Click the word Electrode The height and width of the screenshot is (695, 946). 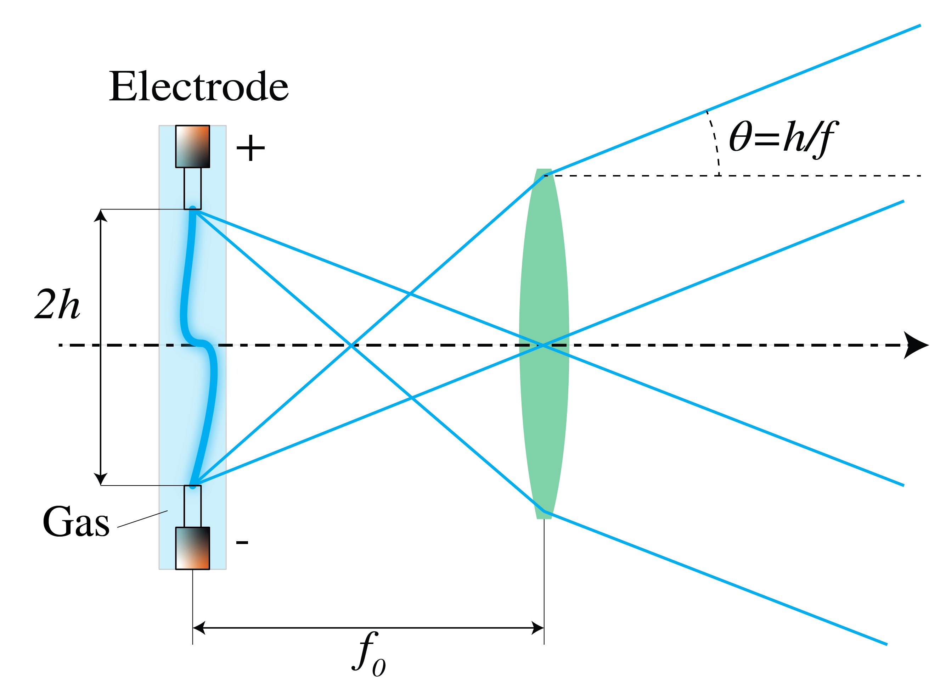coord(198,87)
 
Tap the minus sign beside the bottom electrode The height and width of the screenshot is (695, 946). coord(242,542)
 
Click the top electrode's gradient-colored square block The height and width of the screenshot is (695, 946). coord(193,146)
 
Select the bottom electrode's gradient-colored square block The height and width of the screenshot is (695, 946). coord(193,548)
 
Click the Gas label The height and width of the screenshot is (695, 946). coord(76,522)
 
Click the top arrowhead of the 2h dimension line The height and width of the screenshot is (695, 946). coord(101,215)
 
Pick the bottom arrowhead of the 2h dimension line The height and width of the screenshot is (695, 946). coord(101,479)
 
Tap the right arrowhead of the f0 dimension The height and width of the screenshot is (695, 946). coord(538,628)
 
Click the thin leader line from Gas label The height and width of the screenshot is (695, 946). coord(142,519)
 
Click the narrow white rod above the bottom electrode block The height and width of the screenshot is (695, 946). coord(193,506)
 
